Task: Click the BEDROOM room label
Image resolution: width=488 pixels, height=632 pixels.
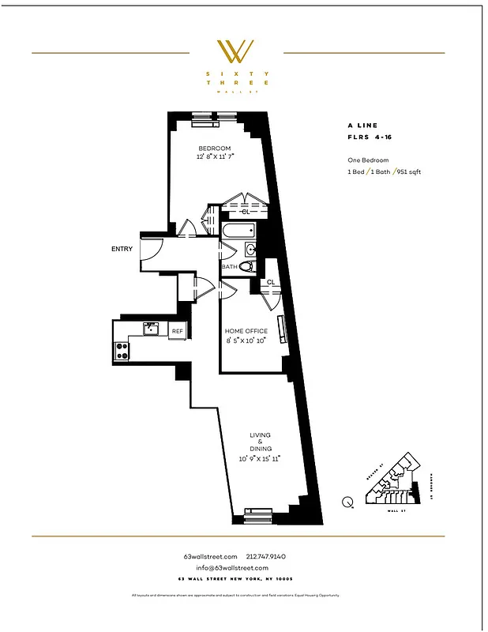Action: click(214, 149)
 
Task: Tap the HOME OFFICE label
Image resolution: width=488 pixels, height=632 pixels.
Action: click(246, 331)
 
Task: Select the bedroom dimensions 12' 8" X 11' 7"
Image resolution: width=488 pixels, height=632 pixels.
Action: click(215, 157)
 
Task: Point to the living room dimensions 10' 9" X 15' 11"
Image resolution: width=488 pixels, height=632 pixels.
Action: click(260, 457)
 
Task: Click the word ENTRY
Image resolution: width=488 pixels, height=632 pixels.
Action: click(122, 249)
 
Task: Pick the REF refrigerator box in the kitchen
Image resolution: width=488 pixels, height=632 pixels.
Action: click(178, 331)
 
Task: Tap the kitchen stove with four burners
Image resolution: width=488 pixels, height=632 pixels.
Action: click(122, 350)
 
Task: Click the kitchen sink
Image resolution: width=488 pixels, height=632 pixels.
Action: click(149, 328)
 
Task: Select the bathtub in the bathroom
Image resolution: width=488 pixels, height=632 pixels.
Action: click(238, 232)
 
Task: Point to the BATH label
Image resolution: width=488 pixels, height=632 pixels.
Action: click(229, 267)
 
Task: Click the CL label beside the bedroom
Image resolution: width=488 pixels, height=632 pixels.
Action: click(245, 212)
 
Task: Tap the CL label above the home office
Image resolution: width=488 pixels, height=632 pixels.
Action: click(271, 282)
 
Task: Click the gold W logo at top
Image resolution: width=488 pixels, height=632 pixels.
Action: click(236, 51)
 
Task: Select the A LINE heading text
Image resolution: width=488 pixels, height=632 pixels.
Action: click(362, 125)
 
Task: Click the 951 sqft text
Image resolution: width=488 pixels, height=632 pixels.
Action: click(409, 171)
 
